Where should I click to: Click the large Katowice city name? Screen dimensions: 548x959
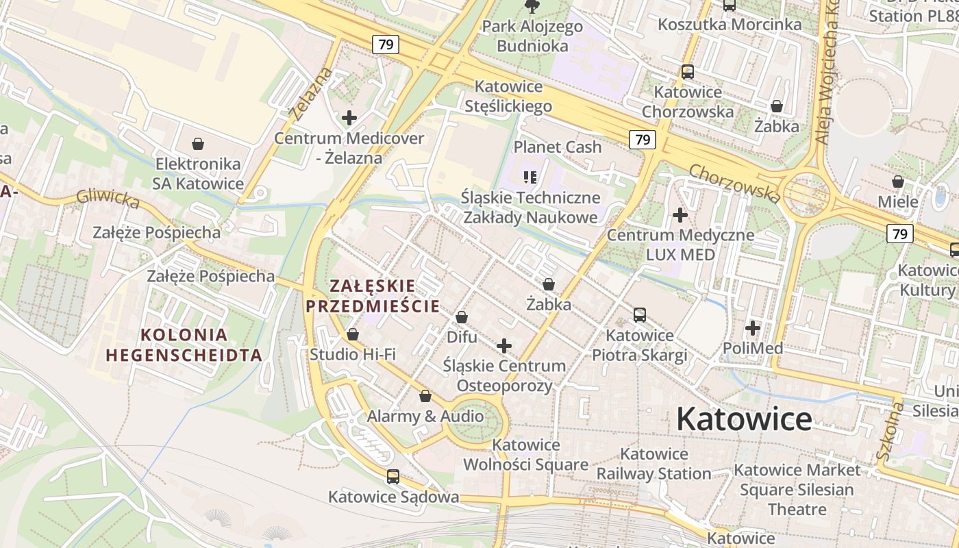click(744, 419)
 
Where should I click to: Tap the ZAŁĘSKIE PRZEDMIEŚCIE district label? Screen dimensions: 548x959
click(373, 296)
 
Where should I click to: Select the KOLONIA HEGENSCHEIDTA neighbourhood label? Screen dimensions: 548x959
click(184, 345)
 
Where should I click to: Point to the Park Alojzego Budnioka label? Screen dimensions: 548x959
click(532, 36)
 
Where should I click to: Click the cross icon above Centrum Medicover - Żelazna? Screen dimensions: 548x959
click(349, 118)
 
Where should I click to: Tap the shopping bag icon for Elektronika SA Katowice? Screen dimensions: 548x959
click(198, 144)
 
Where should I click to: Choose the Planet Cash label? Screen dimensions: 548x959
click(558, 147)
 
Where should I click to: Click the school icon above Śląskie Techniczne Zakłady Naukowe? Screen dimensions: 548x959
click(530, 177)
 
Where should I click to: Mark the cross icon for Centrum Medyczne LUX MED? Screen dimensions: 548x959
click(680, 215)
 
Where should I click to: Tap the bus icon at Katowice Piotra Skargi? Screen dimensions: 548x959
click(639, 315)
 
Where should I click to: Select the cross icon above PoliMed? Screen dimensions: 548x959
click(753, 328)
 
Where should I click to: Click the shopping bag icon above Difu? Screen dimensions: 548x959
click(462, 317)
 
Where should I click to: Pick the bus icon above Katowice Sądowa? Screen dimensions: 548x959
click(393, 476)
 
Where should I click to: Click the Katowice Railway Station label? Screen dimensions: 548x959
click(653, 464)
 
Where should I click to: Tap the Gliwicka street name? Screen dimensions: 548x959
click(108, 198)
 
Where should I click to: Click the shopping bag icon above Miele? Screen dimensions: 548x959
click(897, 182)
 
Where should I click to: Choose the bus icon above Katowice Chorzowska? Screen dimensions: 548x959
click(687, 72)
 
